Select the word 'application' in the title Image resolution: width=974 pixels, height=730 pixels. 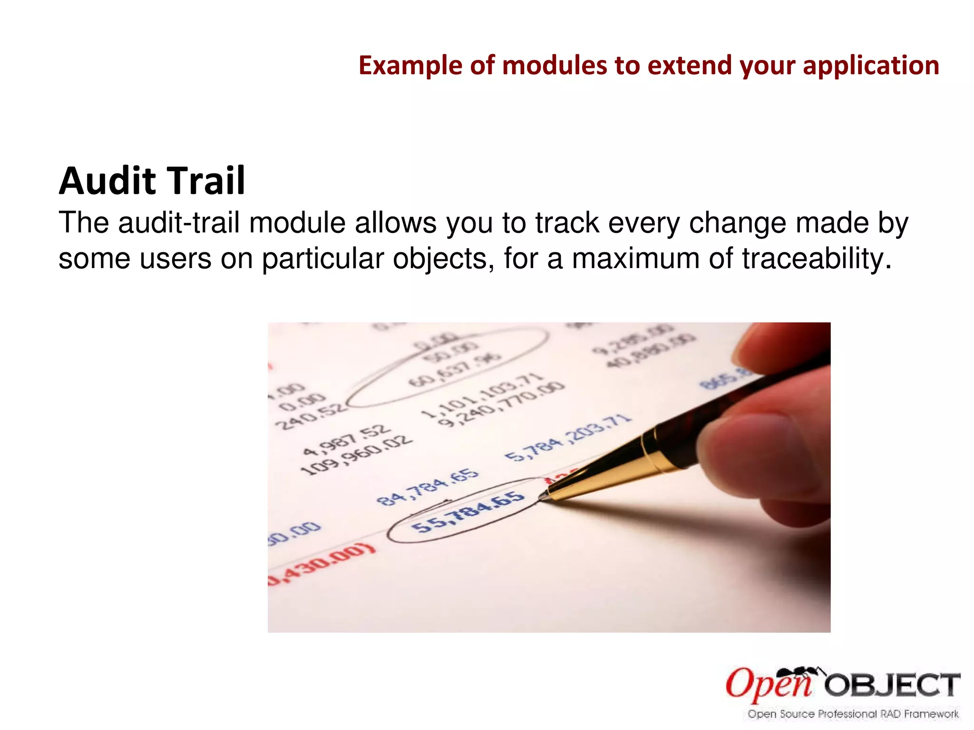pyautogui.click(x=871, y=66)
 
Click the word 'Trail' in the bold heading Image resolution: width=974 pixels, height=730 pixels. pyautogui.click(x=206, y=182)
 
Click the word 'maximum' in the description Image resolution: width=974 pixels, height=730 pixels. pyautogui.click(x=635, y=259)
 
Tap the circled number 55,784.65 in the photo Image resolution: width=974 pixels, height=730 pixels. pyautogui.click(x=468, y=512)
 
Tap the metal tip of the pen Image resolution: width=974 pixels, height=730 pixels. pyautogui.click(x=543, y=497)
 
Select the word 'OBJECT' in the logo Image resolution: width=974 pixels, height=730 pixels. pyautogui.click(x=892, y=685)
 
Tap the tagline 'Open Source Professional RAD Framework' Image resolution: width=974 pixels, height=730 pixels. pyautogui.click(x=853, y=714)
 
